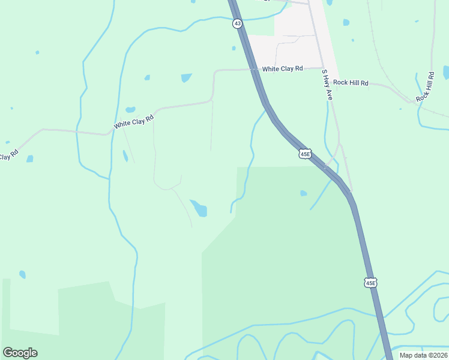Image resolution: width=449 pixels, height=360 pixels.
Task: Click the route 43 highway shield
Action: click(238, 24)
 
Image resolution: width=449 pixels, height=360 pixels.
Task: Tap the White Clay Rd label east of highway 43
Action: click(282, 69)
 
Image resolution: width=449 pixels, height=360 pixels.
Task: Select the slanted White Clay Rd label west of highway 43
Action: click(134, 122)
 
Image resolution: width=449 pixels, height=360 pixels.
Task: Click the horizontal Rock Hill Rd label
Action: click(351, 83)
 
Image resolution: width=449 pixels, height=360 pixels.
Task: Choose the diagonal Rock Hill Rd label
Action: click(426, 86)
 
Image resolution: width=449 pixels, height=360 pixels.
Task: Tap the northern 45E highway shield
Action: click(305, 154)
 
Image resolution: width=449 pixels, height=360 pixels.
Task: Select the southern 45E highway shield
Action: click(370, 282)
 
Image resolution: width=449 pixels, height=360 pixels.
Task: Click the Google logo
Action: click(20, 353)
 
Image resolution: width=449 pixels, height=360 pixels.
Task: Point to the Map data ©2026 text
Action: click(424, 355)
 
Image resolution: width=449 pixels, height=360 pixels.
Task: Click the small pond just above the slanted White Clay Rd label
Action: click(130, 110)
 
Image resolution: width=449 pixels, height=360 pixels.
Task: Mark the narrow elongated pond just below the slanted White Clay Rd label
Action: click(125, 156)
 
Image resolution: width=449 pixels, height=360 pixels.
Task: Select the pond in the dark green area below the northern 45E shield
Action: click(304, 193)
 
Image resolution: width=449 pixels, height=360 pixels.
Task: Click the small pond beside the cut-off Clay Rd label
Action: click(29, 158)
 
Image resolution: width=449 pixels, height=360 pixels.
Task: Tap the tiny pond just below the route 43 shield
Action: click(234, 48)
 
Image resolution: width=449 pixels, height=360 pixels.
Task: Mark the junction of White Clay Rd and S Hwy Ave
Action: click(322, 68)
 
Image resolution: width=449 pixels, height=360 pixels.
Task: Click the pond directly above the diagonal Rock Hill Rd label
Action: click(446, 73)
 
